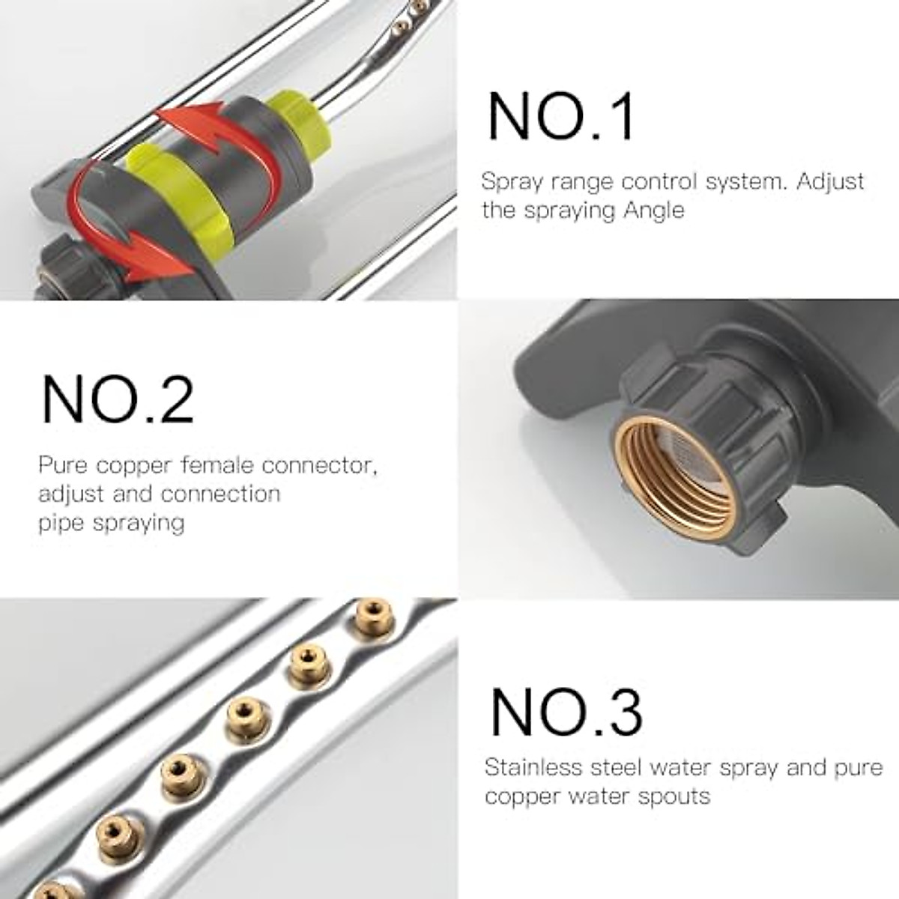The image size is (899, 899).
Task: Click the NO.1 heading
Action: coord(561,117)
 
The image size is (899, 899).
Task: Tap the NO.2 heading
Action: coord(118,399)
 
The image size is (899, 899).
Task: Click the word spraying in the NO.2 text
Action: coord(139,522)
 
